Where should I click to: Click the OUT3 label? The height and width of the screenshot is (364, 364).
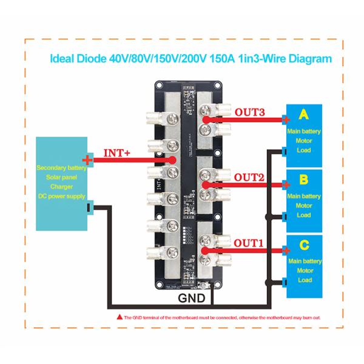(x=250, y=112)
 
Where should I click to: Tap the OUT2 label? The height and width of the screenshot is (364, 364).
(x=249, y=177)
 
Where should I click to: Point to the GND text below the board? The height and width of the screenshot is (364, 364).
(x=192, y=298)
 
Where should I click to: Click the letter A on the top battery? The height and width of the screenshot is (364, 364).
(x=304, y=114)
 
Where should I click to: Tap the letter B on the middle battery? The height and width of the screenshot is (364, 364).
(x=304, y=180)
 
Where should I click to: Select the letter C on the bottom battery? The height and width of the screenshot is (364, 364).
(x=304, y=245)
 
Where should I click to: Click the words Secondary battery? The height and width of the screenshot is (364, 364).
(x=60, y=167)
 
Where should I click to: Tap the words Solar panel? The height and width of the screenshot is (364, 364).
(x=60, y=178)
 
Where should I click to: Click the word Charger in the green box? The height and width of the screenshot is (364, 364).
(x=60, y=187)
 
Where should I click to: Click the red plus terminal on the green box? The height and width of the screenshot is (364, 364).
(x=89, y=160)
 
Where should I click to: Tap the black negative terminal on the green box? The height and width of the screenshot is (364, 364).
(x=89, y=209)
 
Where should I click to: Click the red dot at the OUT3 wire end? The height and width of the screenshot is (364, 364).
(x=206, y=120)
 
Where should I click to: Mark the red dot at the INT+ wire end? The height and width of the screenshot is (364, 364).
(x=174, y=160)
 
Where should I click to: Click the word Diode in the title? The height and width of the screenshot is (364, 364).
(x=93, y=59)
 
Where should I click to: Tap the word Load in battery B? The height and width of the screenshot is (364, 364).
(x=304, y=215)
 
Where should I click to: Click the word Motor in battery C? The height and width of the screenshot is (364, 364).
(x=304, y=271)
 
